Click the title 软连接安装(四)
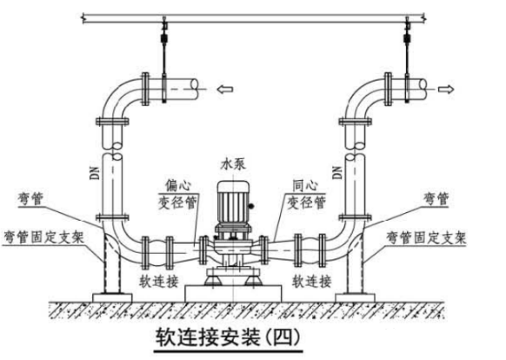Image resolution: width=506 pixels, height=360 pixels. tap(228, 337)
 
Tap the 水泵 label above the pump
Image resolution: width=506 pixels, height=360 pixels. tap(233, 163)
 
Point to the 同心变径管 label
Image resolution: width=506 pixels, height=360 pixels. tap(306, 194)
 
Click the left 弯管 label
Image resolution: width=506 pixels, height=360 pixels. tap(31, 198)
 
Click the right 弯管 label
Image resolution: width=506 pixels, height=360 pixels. tap(436, 198)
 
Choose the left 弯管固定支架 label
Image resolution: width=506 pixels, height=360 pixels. tap(43, 237)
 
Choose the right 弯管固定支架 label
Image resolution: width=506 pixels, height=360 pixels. tap(426, 237)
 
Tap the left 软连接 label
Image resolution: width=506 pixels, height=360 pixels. tap(159, 281)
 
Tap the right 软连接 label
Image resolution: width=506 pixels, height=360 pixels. tap(312, 281)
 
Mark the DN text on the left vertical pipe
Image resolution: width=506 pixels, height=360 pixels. tap(95, 173)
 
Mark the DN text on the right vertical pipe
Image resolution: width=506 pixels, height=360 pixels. tap(337, 172)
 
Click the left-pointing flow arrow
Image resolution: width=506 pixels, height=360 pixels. tap(225, 89)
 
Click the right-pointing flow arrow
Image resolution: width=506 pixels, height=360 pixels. tap(446, 89)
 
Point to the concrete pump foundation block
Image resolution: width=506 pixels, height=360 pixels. tap(233, 293)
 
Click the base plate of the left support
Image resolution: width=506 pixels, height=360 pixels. tap(112, 297)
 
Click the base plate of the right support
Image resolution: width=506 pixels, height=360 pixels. tap(355, 297)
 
